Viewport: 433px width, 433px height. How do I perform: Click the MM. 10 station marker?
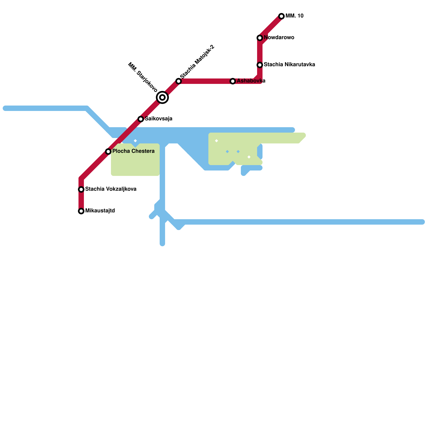(x=281, y=16)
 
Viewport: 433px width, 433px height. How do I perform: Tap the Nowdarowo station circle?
(x=260, y=38)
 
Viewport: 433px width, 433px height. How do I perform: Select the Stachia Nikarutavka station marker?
(x=260, y=65)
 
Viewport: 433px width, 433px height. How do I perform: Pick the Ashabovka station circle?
(x=233, y=81)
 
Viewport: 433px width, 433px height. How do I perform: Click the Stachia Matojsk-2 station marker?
(x=179, y=81)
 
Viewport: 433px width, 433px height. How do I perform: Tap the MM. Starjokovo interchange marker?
(x=162, y=97)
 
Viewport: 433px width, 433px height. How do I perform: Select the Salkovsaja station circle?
(x=141, y=119)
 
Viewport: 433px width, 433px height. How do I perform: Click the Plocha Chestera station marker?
(x=108, y=152)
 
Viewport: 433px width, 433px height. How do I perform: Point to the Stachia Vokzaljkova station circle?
(x=81, y=189)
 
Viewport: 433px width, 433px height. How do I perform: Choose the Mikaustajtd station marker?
(x=81, y=211)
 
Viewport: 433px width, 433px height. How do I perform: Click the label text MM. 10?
(x=294, y=16)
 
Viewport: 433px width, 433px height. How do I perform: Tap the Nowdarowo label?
(x=279, y=38)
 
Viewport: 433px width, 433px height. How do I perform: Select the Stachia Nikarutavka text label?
(x=289, y=65)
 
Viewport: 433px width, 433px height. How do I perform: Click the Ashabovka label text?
(x=251, y=81)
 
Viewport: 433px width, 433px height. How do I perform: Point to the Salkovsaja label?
(x=159, y=119)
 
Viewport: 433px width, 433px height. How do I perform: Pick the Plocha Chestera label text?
(x=133, y=151)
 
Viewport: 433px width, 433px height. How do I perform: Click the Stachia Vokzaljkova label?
(x=111, y=189)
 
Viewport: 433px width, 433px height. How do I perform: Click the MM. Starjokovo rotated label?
(x=143, y=77)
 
